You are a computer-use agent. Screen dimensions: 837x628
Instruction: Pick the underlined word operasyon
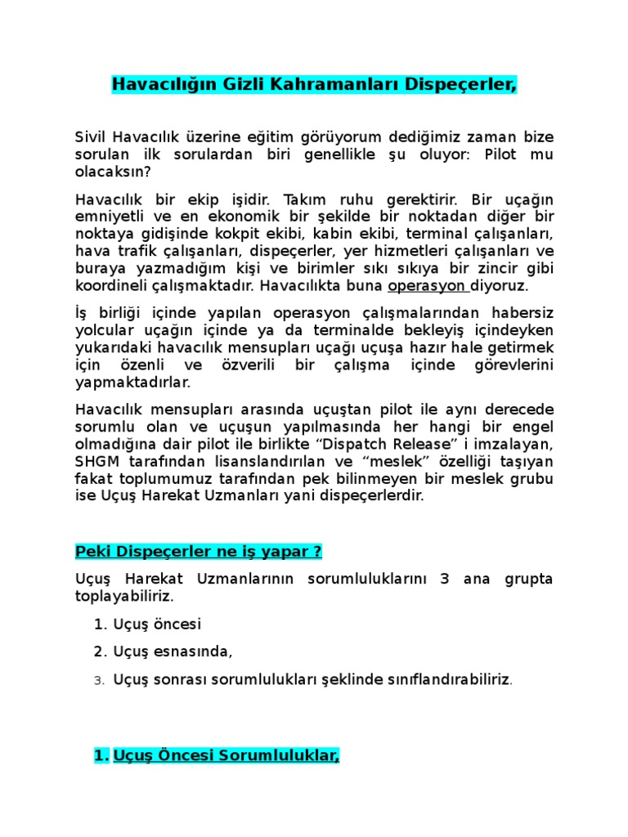point(426,286)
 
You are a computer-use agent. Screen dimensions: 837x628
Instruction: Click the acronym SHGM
point(96,461)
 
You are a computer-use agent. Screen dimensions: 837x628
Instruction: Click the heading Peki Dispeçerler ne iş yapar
point(198,552)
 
